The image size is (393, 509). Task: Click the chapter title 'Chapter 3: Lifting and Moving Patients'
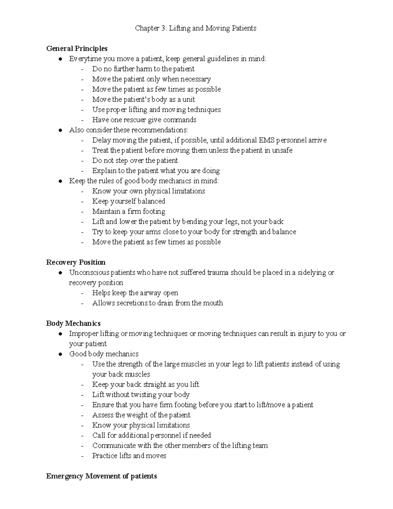(196, 28)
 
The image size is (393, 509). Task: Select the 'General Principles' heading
(77, 49)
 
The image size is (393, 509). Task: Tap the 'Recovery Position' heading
(76, 262)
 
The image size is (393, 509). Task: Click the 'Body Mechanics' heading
(73, 323)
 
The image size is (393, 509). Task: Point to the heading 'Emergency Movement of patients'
(102, 476)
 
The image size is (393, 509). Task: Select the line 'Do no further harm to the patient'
(143, 69)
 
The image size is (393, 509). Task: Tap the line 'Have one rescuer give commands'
(144, 120)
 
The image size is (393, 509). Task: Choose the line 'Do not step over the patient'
(135, 161)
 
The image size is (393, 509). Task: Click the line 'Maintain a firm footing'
(128, 211)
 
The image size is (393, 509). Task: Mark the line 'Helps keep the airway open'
(135, 293)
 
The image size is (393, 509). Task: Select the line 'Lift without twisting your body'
(141, 395)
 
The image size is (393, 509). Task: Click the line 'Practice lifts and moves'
(129, 456)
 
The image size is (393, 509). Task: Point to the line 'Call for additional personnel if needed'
(151, 435)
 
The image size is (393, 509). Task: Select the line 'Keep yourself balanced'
(128, 201)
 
